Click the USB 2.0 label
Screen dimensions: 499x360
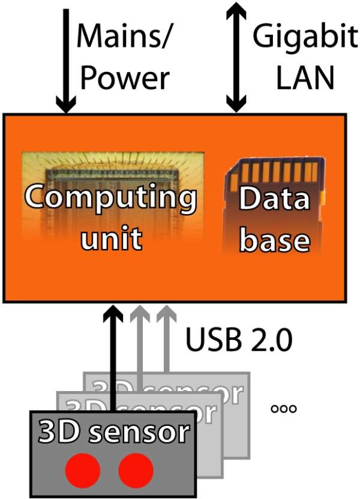click(238, 341)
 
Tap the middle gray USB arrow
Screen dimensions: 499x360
click(139, 342)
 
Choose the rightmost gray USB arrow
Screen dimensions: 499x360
click(163, 342)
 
